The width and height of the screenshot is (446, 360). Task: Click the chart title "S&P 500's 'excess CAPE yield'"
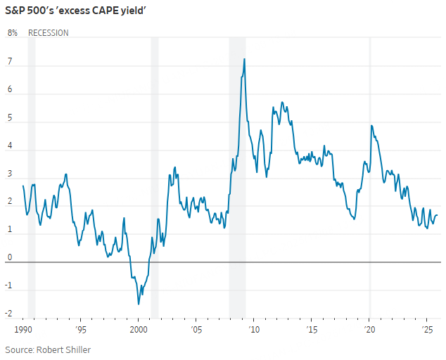click(81, 11)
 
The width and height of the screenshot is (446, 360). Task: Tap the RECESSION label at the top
click(49, 33)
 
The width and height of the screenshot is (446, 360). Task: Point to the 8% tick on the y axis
click(13, 33)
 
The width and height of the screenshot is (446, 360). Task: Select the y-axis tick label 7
click(10, 61)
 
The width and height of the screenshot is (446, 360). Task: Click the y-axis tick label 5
click(10, 117)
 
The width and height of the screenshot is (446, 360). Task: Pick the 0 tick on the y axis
click(10, 258)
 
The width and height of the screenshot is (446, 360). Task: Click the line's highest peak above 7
click(244, 59)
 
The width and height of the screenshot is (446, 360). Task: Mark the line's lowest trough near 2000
click(139, 304)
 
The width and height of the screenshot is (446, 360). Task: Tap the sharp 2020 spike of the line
click(371, 126)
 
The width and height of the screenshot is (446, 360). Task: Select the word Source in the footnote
click(20, 349)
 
